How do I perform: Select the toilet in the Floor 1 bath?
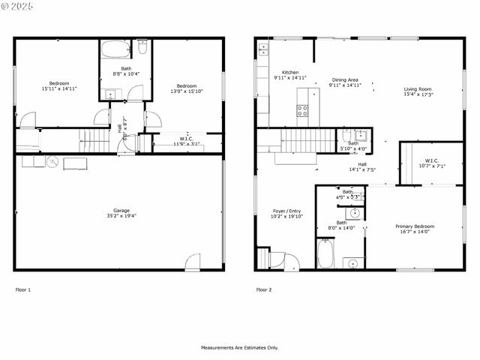coord(142,47)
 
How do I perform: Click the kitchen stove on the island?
coord(303,110)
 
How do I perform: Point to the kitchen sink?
coord(262,50)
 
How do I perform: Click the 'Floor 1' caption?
coord(23,289)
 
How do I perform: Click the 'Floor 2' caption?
coord(263,289)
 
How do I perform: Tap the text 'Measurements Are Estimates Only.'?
coord(239,347)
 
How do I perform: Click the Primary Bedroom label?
coord(415,226)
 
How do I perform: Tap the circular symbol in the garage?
coord(52,161)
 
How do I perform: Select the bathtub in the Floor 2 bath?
coord(325,253)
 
